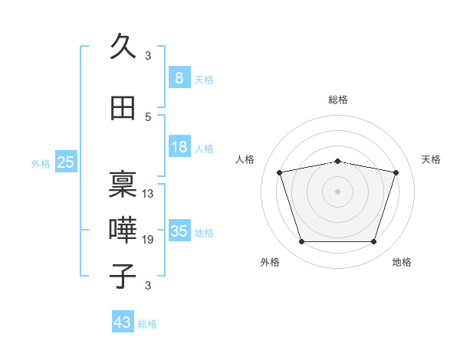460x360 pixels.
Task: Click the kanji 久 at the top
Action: [x=123, y=46]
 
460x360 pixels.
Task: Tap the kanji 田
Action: [x=123, y=108]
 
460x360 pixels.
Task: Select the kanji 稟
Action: [x=123, y=184]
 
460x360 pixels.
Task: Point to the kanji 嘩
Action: [x=123, y=230]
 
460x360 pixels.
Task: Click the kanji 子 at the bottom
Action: [x=123, y=276]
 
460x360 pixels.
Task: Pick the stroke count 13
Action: [x=147, y=194]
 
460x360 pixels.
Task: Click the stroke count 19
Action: [x=147, y=240]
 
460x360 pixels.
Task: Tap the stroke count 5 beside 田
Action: [x=148, y=117]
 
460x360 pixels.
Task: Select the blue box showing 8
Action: [x=179, y=77]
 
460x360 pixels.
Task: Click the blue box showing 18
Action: [x=179, y=146]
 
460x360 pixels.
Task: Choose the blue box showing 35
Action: [x=179, y=230]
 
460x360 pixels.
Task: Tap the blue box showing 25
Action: [x=66, y=162]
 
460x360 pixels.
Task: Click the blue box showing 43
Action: [x=123, y=321]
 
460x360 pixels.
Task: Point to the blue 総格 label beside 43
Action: [x=147, y=324]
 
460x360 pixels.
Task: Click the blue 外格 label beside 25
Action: [x=41, y=164]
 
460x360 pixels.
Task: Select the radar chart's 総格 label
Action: [x=338, y=100]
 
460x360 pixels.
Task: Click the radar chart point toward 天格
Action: [x=396, y=172]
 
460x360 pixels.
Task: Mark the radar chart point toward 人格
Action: [x=279, y=172]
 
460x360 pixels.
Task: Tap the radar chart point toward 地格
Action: [x=374, y=242]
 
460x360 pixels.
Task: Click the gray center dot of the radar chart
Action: [x=337, y=191]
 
